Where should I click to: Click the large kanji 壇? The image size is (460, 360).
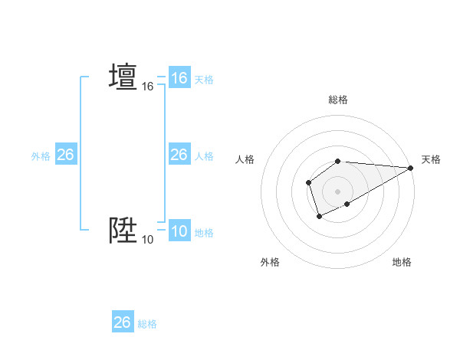pyautogui.click(x=123, y=77)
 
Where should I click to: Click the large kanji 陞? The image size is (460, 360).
pyautogui.click(x=123, y=231)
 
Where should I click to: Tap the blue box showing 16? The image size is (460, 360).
pyautogui.click(x=179, y=78)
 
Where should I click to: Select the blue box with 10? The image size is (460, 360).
pyautogui.click(x=179, y=232)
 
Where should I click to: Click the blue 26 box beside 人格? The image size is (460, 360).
pyautogui.click(x=179, y=155)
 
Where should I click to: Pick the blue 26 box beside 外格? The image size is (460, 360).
pyautogui.click(x=65, y=155)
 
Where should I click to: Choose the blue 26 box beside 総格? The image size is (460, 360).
pyautogui.click(x=123, y=322)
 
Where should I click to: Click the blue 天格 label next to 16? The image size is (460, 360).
pyautogui.click(x=204, y=79)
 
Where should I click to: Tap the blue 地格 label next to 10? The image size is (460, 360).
pyautogui.click(x=204, y=233)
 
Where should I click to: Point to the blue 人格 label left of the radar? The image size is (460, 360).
pyautogui.click(x=204, y=155)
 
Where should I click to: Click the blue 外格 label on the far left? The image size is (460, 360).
pyautogui.click(x=41, y=155)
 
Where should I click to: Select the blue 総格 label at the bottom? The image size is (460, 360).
pyautogui.click(x=147, y=324)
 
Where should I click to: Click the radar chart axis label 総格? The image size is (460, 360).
pyautogui.click(x=338, y=100)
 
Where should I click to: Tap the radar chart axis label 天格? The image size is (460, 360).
pyautogui.click(x=431, y=159)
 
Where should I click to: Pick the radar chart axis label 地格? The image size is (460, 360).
pyautogui.click(x=402, y=262)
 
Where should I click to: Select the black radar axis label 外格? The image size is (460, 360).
pyautogui.click(x=270, y=262)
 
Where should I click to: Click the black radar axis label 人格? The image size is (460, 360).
pyautogui.click(x=245, y=159)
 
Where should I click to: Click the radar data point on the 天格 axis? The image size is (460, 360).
pyautogui.click(x=411, y=168)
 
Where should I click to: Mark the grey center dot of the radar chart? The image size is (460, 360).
pyautogui.click(x=338, y=191)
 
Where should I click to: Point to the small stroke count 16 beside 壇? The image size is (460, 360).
pyautogui.click(x=148, y=87)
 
